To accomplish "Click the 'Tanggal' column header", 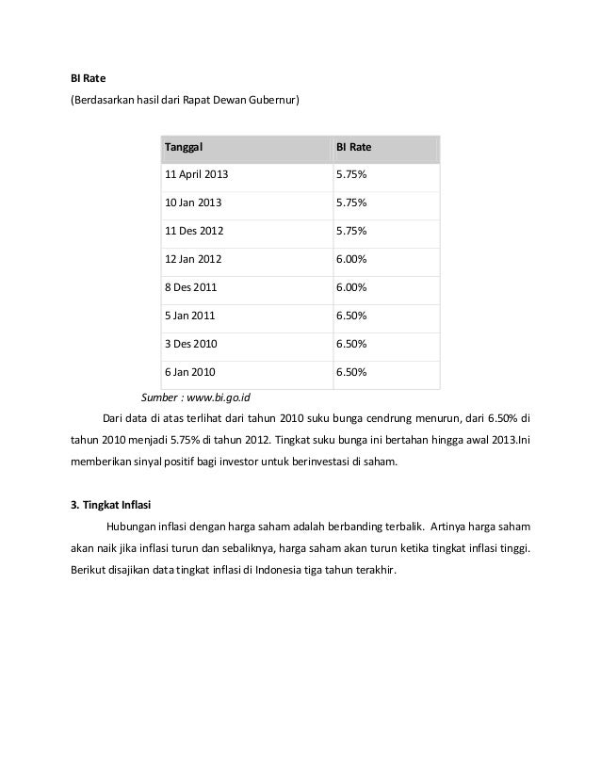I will tap(185, 148).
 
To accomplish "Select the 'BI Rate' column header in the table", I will tap(354, 148).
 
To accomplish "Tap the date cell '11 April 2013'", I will tap(197, 176).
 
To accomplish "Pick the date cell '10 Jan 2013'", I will tap(194, 203).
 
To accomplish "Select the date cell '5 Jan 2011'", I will tap(190, 316).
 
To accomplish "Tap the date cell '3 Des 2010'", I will tap(191, 345).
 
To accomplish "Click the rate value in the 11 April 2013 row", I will tap(351, 176).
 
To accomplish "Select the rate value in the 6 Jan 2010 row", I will tap(351, 373).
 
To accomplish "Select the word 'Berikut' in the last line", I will tap(89, 571).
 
